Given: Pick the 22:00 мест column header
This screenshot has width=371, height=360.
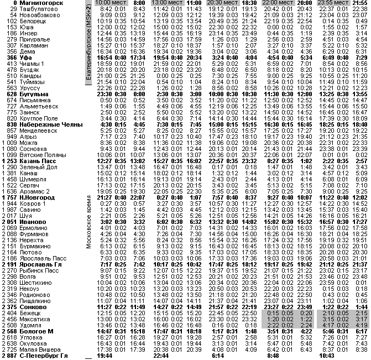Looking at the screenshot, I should click(276, 3).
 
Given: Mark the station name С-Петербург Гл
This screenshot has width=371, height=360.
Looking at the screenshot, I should click(44, 356).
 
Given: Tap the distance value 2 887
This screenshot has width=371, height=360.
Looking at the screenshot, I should click(9, 356).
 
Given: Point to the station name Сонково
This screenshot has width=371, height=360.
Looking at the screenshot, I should click(33, 306).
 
